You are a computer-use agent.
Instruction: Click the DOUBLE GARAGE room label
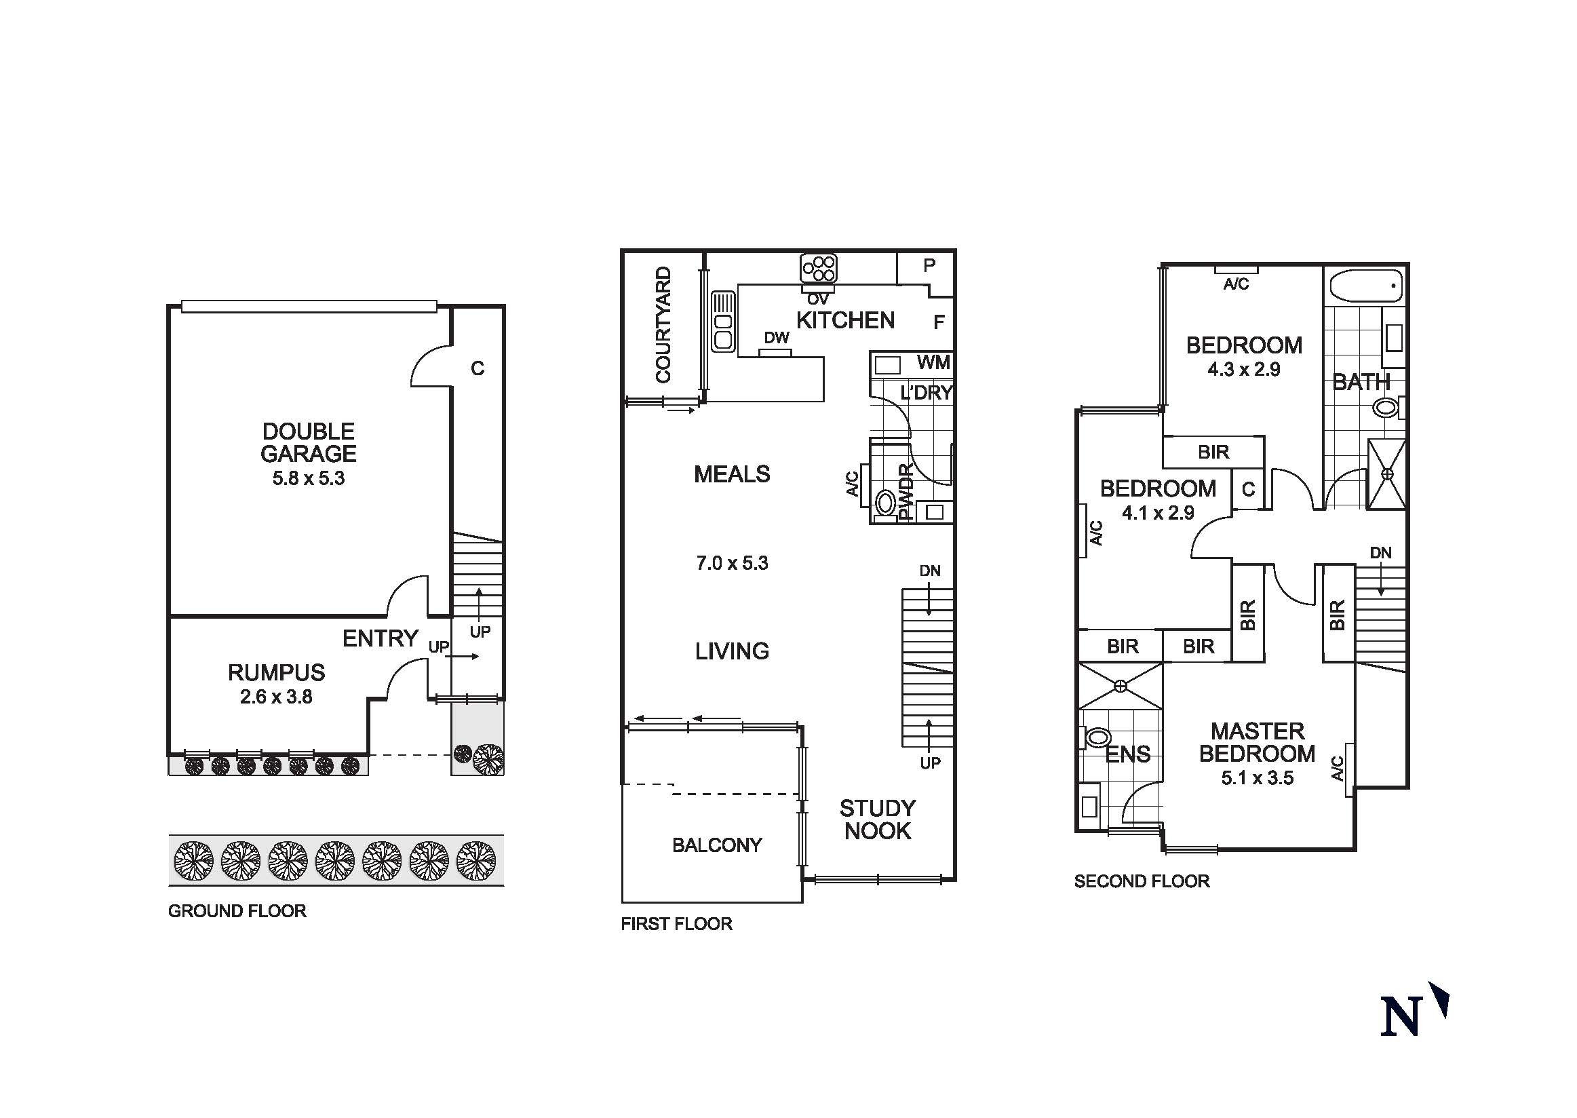tap(309, 443)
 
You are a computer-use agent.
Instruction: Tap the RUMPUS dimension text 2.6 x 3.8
tap(276, 697)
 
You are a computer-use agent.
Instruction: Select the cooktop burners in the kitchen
tap(819, 268)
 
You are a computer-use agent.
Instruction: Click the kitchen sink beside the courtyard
tap(723, 322)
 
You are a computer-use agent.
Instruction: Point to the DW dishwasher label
tap(777, 338)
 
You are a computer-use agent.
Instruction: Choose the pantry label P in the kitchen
tap(929, 265)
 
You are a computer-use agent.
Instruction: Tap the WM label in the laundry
tap(933, 362)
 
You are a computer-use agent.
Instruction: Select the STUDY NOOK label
tap(878, 820)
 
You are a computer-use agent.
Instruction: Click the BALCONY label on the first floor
tap(716, 845)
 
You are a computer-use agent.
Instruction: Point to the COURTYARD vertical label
tap(663, 324)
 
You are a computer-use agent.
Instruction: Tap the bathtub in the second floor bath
tap(1365, 286)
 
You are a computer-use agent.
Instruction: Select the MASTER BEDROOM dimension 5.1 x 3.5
tap(1257, 778)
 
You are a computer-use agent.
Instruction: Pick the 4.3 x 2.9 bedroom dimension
tap(1244, 369)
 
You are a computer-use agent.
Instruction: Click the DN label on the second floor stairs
tap(1380, 553)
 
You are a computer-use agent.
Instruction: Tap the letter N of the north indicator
tap(1401, 1016)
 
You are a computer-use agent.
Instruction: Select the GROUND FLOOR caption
tap(237, 911)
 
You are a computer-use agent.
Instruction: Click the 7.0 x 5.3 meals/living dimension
tap(732, 563)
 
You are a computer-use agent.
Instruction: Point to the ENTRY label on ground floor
tap(380, 638)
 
